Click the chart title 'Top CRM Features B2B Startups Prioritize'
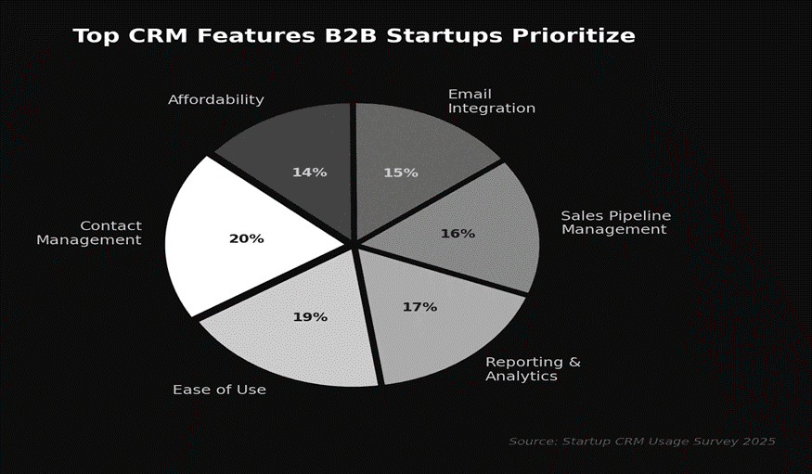coord(354,36)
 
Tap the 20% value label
coord(246,238)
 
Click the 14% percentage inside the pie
coord(309,173)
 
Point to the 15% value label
coord(401,173)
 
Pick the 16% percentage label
coord(458,234)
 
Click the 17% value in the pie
coord(419,307)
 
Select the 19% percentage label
coord(310,317)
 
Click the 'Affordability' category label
coord(216,99)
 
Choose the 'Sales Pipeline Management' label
coord(615,223)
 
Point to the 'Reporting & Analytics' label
coord(533,369)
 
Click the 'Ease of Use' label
coord(219,390)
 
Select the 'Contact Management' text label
coord(89,233)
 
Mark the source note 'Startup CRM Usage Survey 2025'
coord(641,441)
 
